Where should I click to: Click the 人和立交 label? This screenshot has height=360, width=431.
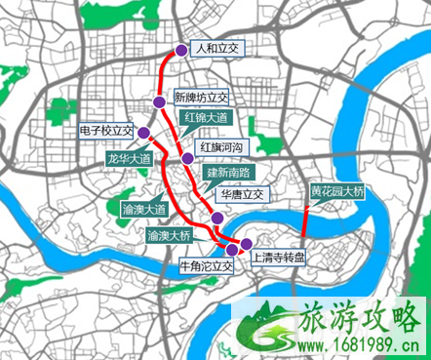click(215, 48)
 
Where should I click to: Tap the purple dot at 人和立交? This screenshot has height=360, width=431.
click(180, 51)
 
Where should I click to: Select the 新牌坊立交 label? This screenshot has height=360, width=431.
click(200, 98)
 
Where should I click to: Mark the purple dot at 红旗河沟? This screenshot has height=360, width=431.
click(186, 158)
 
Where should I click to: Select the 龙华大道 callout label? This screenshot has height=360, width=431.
click(128, 158)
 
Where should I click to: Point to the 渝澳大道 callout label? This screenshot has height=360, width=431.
click(145, 208)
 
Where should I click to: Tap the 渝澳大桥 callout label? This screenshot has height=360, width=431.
click(170, 236)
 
